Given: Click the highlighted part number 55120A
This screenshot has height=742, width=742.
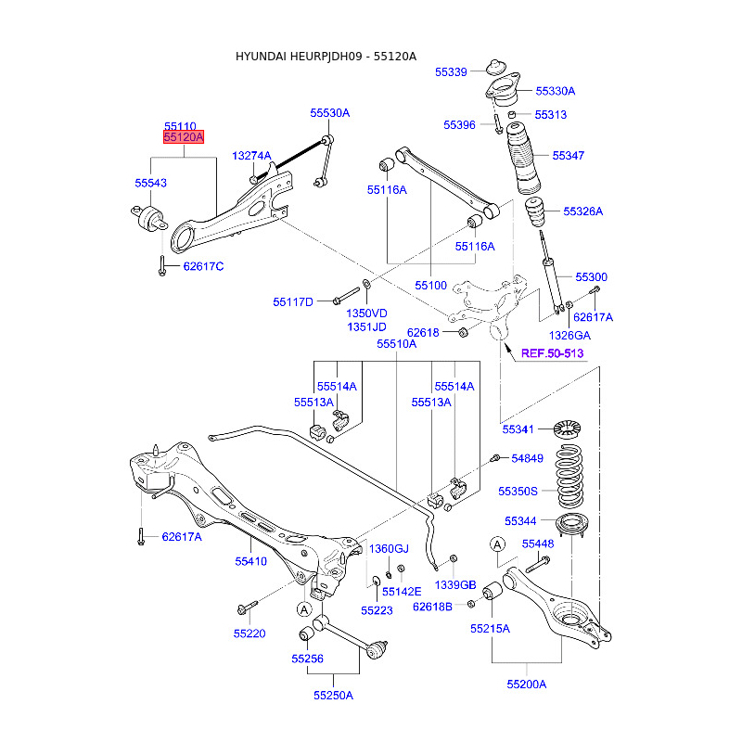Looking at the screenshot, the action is pos(184,137).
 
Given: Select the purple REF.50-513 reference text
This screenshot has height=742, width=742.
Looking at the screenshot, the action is pos(552,353).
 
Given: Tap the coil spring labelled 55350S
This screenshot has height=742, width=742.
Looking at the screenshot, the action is pos(569,477).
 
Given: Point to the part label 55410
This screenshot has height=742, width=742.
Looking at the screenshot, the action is pos(250,561).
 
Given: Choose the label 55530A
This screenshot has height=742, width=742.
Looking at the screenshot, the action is pos(330,113).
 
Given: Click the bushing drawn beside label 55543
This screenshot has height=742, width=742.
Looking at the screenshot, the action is pos(149,217).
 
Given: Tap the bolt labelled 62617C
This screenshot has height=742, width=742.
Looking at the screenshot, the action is pos(161,266).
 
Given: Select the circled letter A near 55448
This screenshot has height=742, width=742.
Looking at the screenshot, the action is pos(497,544).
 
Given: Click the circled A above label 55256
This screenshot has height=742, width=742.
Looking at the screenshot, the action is pos(304,609).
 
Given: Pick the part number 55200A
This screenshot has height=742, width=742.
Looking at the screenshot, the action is pos(526,684).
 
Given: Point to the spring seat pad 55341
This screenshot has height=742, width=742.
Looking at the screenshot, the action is pos(567,429).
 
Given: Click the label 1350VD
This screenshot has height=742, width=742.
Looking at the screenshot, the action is pos(366,313).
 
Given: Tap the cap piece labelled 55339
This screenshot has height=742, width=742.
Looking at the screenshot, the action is pos(496,68).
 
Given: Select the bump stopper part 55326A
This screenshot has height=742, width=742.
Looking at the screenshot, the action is pos(535,212).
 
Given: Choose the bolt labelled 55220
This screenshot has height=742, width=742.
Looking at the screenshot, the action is pos(248,608).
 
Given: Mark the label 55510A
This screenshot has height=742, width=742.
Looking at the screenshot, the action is pos(397,344).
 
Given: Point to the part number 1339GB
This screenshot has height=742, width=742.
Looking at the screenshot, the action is pos(455,585).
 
